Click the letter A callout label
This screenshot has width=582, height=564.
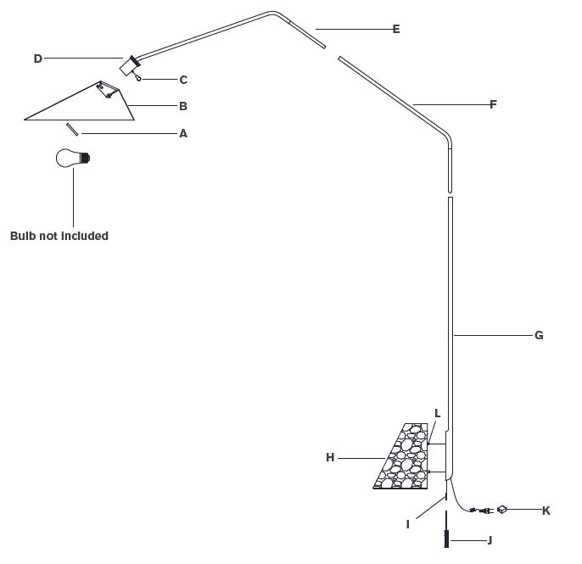tap(183, 134)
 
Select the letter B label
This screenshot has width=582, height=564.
tap(183, 107)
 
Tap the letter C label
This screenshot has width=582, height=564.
tap(183, 81)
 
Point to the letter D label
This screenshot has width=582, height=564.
tap(37, 59)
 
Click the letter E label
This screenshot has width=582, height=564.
tap(396, 30)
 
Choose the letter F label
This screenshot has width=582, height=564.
tap(493, 105)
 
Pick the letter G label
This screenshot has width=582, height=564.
tap(538, 336)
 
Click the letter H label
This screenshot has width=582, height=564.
tap(330, 458)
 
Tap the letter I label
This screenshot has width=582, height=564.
tap(408, 525)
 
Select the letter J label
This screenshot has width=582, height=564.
tap(490, 540)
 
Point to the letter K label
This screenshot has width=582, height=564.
tap(546, 511)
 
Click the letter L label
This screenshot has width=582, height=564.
tap(437, 413)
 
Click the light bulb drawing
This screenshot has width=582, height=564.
tap(72, 158)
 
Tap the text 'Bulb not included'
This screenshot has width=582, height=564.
tap(59, 236)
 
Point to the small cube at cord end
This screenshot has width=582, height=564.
tap(502, 509)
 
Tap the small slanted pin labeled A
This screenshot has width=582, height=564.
tap(72, 130)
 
